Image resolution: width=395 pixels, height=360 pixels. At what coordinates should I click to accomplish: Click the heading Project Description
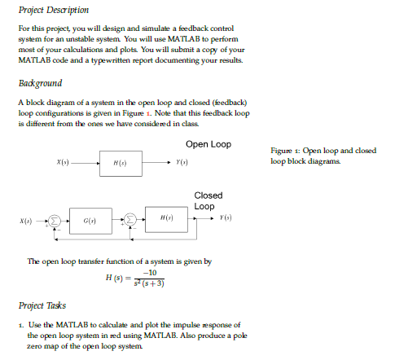[x=48, y=11]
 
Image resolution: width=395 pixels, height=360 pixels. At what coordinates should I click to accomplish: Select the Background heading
[x=38, y=83]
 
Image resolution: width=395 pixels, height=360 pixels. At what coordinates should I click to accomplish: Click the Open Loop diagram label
[x=208, y=145]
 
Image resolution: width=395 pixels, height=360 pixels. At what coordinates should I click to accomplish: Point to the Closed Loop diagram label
[x=208, y=200]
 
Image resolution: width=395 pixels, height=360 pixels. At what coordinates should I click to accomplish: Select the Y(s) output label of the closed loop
[x=227, y=220]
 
